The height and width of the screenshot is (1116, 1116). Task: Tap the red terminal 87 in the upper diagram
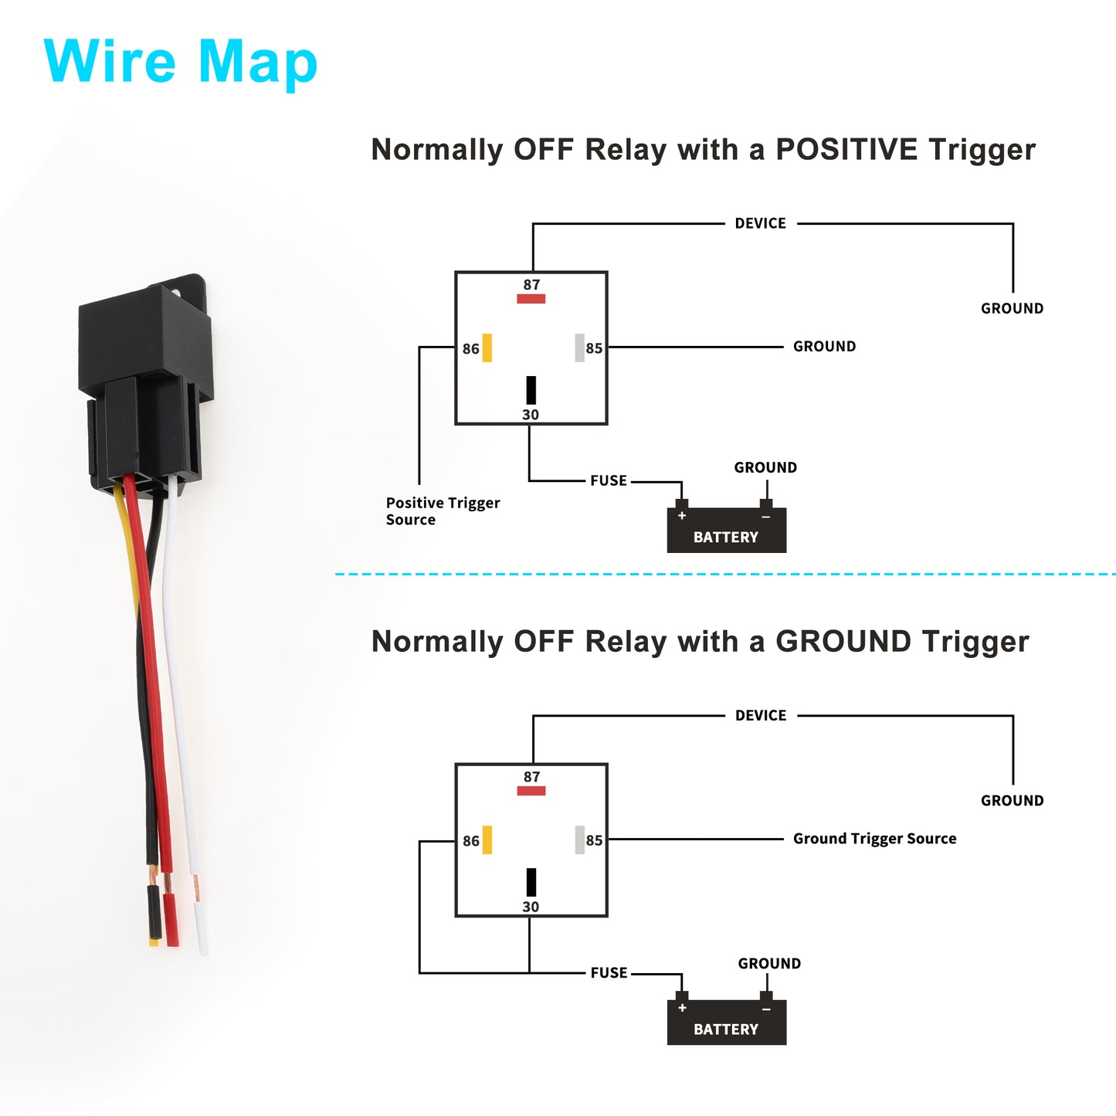531,299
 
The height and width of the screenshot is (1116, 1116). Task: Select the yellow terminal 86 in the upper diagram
487,348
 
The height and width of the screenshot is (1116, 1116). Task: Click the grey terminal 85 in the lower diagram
580,840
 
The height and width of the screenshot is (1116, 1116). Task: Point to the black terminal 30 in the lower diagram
531,882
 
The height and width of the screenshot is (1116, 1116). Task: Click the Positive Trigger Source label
443,511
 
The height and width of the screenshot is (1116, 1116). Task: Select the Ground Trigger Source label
874,839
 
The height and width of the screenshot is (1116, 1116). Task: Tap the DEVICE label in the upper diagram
761,223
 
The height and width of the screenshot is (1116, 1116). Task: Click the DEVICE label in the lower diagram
761,716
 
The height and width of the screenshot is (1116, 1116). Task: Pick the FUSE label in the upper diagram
608,480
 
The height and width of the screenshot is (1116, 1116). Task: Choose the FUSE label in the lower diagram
608,973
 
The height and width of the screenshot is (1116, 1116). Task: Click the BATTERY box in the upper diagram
726,529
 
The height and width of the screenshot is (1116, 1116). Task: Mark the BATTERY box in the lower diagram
726,1022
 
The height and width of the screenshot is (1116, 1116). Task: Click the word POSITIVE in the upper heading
846,149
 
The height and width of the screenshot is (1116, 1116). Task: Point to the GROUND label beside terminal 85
824,346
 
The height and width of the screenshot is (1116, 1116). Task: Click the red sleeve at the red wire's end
171,920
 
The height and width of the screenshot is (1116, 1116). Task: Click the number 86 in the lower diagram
471,841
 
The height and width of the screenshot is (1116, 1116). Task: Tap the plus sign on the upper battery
682,515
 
